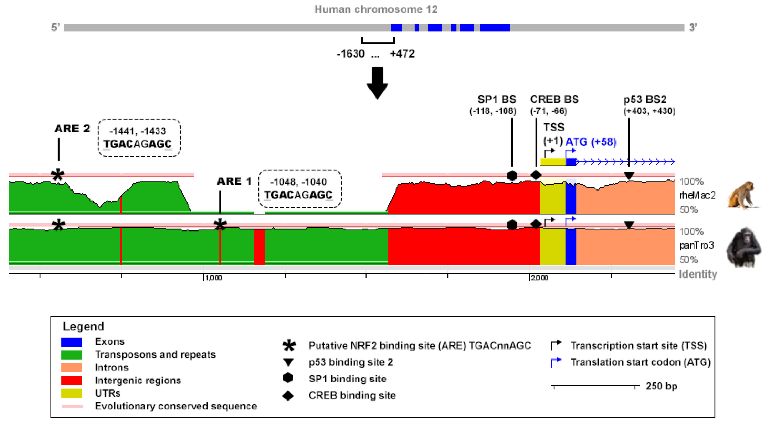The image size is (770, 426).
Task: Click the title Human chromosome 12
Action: (376, 10)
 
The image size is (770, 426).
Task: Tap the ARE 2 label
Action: (72, 129)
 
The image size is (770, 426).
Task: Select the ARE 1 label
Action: (234, 181)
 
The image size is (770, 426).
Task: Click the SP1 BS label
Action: (496, 99)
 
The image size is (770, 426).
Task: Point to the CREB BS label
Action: (554, 99)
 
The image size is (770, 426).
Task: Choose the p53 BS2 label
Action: (645, 99)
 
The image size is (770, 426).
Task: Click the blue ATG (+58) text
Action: (591, 142)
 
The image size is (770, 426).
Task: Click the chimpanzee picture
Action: (743, 247)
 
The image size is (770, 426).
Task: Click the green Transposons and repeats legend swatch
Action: (72, 355)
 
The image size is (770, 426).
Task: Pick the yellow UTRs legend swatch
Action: (72, 393)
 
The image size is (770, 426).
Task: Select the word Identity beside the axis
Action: (698, 274)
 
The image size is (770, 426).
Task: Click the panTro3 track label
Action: (696, 245)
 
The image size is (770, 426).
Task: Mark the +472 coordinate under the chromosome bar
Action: (402, 54)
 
